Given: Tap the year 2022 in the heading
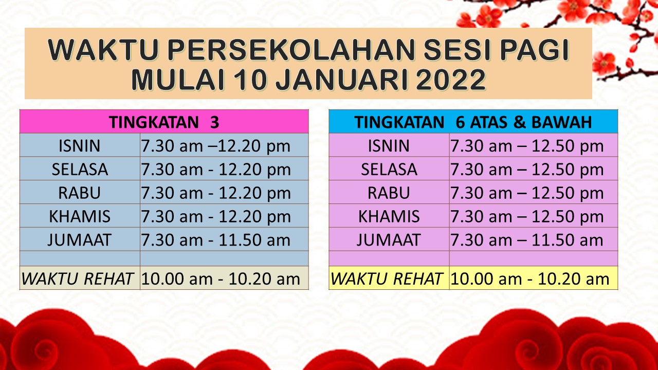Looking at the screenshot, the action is [451, 80].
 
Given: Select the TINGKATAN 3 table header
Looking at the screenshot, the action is [164, 122].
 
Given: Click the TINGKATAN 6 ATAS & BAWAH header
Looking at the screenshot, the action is [473, 122].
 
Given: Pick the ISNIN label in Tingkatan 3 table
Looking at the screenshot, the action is [80, 146].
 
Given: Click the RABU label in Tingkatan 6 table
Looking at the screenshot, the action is [389, 193].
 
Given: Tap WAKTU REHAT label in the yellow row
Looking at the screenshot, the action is [386, 279].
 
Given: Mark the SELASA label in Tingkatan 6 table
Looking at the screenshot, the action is [389, 170].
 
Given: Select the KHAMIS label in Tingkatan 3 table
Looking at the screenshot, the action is [80, 216].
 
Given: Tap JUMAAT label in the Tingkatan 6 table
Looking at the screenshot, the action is [389, 240].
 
